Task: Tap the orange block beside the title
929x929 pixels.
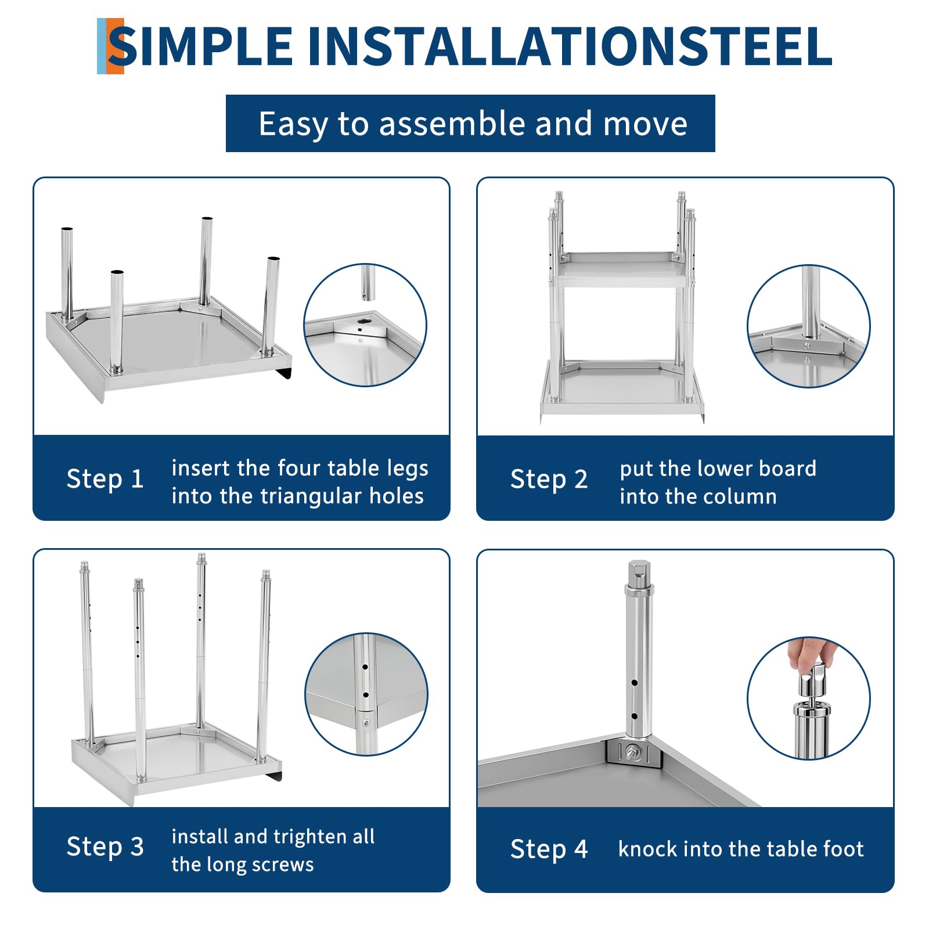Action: click(115, 46)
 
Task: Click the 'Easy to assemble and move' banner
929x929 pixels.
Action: click(470, 124)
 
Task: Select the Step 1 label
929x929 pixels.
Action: click(105, 480)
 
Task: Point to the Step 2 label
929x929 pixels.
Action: click(549, 480)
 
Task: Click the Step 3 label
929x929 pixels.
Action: click(105, 847)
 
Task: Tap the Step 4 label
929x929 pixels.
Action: click(549, 849)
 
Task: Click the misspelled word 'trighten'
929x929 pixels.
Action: click(310, 837)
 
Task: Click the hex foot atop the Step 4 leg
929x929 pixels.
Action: click(639, 575)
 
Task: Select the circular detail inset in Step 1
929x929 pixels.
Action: click(365, 325)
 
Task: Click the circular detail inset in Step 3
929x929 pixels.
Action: click(366, 694)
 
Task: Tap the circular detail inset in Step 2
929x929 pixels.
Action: click(809, 326)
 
